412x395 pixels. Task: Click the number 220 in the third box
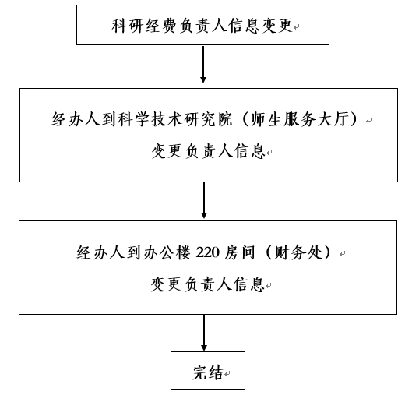point(208,252)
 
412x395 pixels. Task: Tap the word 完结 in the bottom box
point(208,372)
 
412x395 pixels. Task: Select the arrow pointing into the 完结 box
point(204,333)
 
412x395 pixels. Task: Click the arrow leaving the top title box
point(203,64)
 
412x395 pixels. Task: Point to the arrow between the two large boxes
point(204,200)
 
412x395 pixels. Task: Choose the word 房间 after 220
point(240,252)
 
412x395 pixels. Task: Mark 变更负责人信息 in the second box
point(208,151)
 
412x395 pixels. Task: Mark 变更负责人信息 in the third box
point(208,284)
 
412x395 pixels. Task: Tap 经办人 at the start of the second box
point(76,119)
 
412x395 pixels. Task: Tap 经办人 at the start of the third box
point(100,252)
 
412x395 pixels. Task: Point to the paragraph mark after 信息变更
point(297,27)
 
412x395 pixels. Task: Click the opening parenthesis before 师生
point(245,119)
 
